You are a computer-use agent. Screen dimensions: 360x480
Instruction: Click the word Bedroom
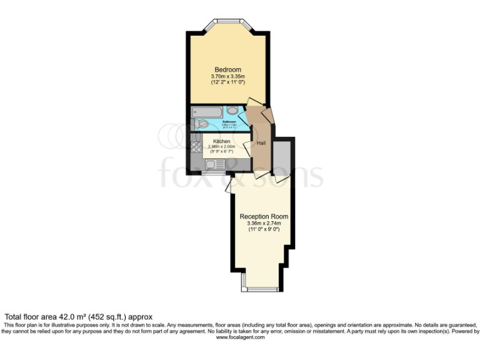pyautogui.click(x=227, y=69)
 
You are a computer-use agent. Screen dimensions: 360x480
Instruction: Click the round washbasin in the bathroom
pyautogui.click(x=232, y=111)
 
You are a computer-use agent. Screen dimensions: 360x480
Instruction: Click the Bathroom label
pyautogui.click(x=229, y=122)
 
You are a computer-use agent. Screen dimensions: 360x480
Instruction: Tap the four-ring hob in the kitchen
pyautogui.click(x=196, y=148)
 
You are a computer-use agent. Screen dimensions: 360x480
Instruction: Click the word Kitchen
pyautogui.click(x=221, y=141)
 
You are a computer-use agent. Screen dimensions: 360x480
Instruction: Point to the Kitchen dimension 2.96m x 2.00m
pyautogui.click(x=221, y=147)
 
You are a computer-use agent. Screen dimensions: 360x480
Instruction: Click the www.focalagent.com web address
pyautogui.click(x=240, y=337)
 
